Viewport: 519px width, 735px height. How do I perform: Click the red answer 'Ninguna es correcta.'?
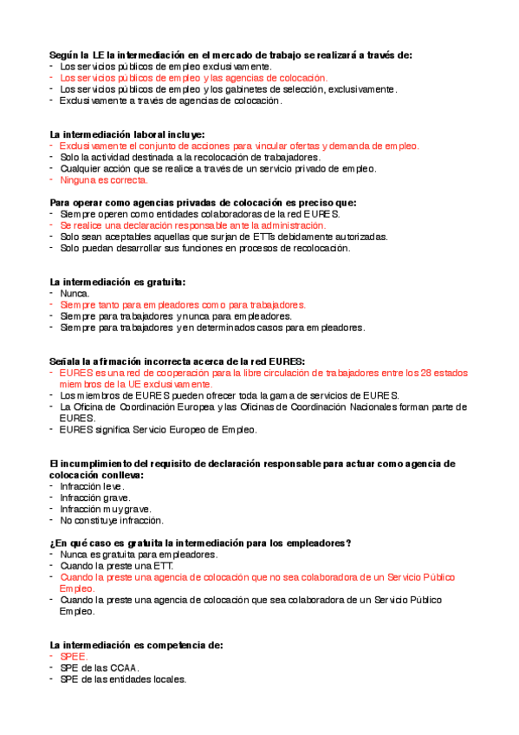[103, 180]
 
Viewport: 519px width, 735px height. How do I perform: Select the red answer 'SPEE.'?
[74, 657]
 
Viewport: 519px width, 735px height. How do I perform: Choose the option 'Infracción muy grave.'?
[105, 509]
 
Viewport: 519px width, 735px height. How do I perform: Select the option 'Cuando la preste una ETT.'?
[116, 565]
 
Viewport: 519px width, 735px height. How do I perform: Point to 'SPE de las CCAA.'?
[99, 668]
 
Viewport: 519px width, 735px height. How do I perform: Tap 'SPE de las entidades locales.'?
[123, 680]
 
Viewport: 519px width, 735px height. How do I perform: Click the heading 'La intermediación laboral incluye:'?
[127, 134]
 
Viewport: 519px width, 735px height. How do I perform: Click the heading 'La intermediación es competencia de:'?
[137, 645]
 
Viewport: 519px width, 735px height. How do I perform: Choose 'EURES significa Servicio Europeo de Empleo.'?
[158, 429]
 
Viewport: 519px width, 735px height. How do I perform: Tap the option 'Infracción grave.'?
[94, 498]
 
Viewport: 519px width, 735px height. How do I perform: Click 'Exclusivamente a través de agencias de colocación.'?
[171, 101]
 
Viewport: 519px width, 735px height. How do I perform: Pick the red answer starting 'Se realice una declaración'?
[182, 224]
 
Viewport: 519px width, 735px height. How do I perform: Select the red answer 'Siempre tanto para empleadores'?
[182, 305]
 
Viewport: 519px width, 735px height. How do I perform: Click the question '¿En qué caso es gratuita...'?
[200, 543]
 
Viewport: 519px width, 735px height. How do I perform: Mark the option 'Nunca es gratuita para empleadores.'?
[138, 554]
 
